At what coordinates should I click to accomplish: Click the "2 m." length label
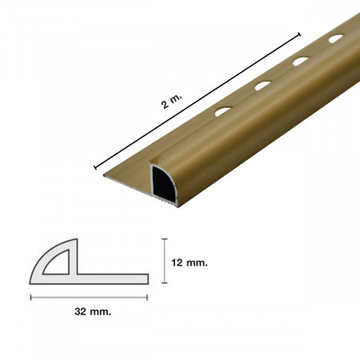click(172, 102)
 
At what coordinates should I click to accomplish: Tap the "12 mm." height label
click(190, 263)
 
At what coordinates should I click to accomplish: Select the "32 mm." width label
click(93, 311)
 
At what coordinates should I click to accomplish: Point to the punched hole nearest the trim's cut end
click(223, 111)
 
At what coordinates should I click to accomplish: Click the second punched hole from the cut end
click(263, 86)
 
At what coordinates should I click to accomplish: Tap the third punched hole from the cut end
click(301, 62)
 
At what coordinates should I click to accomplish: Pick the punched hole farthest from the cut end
click(336, 38)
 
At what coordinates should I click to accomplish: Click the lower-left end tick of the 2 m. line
click(95, 167)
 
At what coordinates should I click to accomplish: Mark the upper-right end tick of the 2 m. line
click(299, 34)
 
